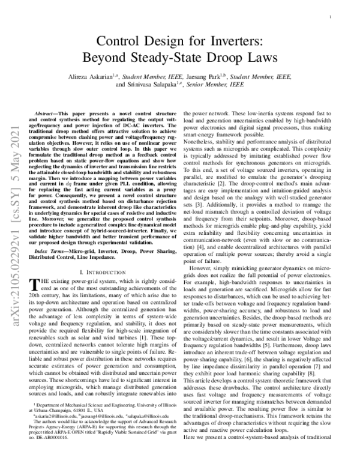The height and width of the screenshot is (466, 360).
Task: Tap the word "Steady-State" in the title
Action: coord(178,58)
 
